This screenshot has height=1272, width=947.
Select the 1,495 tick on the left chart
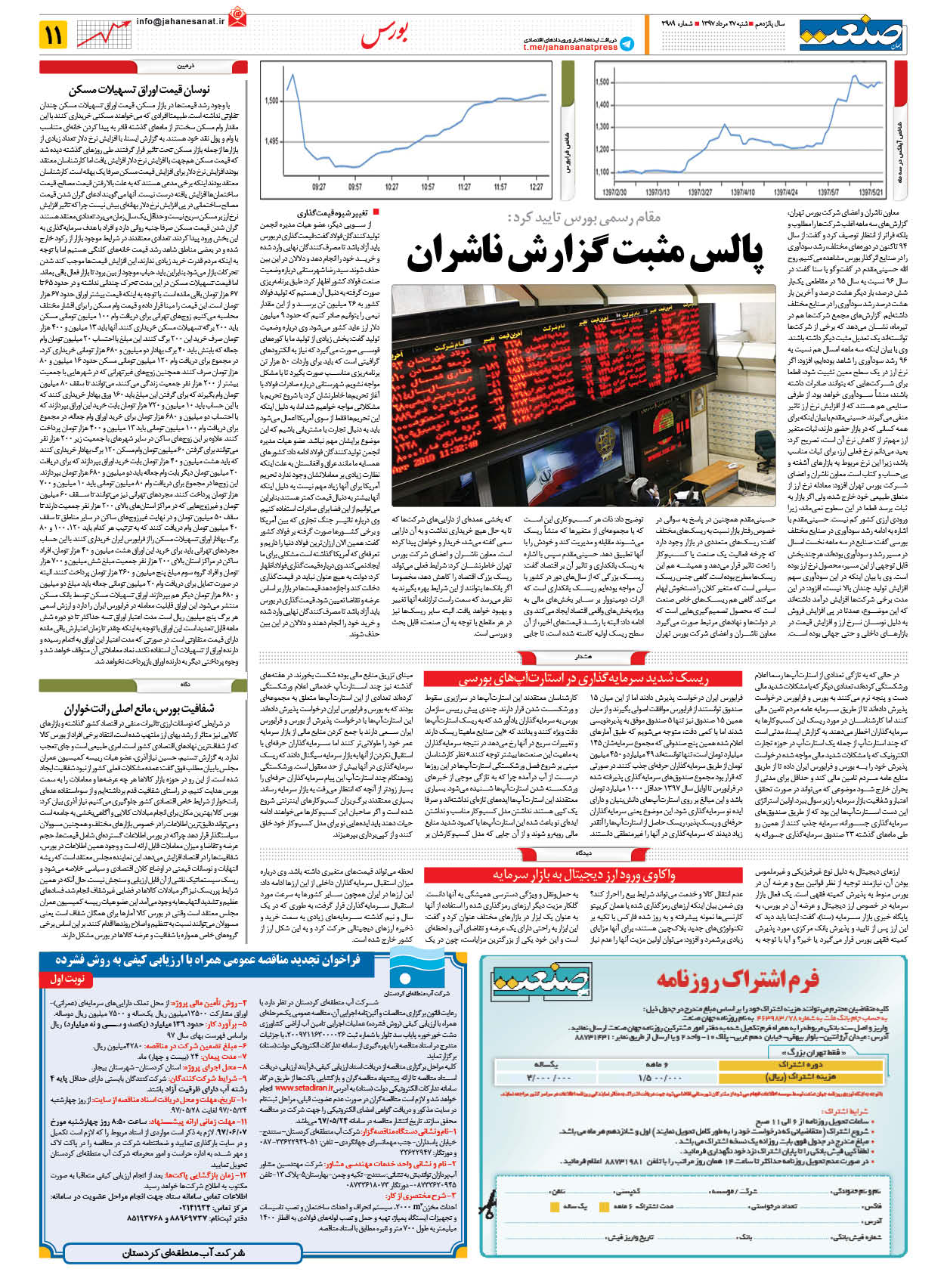[x=271, y=141]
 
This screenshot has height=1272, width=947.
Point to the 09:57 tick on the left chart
[x=354, y=187]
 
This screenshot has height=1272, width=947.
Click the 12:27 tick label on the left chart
[x=537, y=187]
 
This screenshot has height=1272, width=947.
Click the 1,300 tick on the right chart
[x=602, y=126]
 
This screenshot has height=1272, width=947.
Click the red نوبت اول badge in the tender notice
[x=67, y=978]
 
